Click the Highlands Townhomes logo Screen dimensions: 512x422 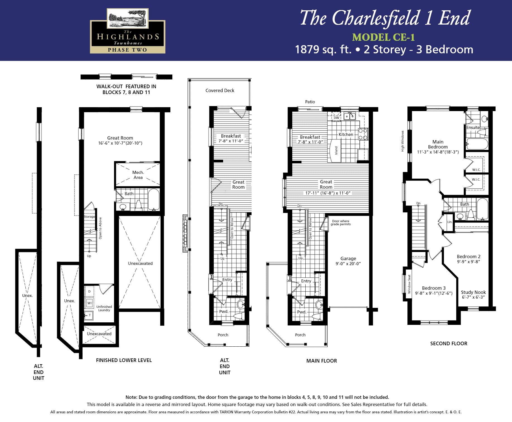tap(127, 31)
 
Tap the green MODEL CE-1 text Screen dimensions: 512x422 tap(383, 37)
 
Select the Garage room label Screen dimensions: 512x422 tap(348, 258)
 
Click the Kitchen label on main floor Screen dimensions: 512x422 tap(346, 135)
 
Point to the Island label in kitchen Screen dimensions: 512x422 tap(336, 150)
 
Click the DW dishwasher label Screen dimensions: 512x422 tap(337, 118)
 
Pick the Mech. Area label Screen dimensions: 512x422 tap(138, 175)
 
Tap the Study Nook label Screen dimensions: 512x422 tap(473, 292)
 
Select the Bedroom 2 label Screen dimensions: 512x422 tap(468, 256)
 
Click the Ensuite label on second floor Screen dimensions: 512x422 tap(473, 128)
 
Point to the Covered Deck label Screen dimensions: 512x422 tap(220, 90)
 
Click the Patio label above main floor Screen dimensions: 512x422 tap(310, 102)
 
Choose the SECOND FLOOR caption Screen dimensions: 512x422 tap(449, 344)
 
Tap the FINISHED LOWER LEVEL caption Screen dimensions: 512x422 tap(124, 360)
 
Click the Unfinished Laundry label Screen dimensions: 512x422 tap(104, 308)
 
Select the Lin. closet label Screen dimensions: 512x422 tap(450, 222)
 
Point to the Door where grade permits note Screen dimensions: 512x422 tap(340, 222)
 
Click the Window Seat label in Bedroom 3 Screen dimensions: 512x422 tap(409, 284)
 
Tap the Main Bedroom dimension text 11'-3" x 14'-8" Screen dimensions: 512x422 tap(438, 152)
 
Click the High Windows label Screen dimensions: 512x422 tap(402, 141)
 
